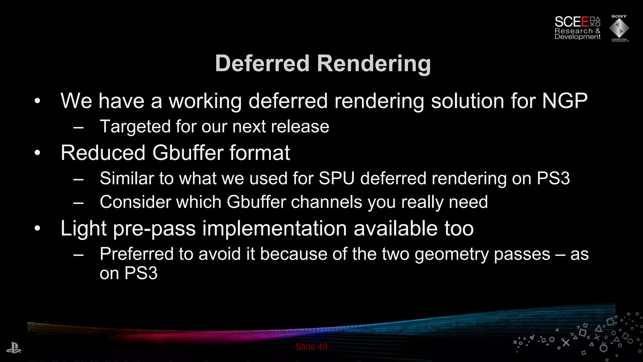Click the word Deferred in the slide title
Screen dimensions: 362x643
click(262, 63)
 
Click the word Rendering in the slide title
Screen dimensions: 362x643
click(374, 64)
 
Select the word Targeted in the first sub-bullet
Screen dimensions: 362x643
click(135, 127)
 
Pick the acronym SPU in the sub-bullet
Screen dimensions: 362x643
click(337, 178)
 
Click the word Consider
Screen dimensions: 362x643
click(135, 202)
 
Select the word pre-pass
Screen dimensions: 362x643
click(154, 229)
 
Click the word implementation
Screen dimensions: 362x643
click(275, 229)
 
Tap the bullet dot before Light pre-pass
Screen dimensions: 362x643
click(37, 229)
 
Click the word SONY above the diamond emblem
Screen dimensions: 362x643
click(619, 16)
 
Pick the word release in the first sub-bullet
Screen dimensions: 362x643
click(300, 127)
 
